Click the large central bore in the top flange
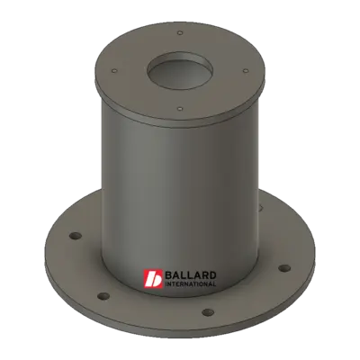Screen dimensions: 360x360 [180, 69]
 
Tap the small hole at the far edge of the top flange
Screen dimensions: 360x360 [180, 32]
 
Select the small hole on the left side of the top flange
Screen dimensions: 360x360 [114, 71]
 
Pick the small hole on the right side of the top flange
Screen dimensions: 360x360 [246, 71]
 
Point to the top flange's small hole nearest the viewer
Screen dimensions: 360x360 [180, 108]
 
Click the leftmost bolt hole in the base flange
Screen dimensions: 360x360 [76, 236]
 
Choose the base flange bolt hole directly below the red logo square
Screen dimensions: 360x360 [103, 296]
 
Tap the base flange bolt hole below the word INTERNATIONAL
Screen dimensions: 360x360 [208, 312]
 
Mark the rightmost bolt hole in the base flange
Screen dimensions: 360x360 [284, 268]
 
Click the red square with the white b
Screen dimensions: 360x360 [153, 279]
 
